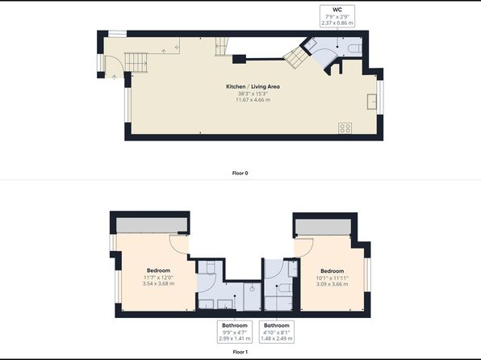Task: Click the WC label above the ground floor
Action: point(337,10)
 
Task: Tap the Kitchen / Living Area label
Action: point(253,86)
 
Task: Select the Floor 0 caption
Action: point(240,173)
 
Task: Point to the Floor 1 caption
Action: point(240,352)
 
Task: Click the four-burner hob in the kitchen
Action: point(345,128)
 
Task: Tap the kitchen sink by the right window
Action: point(372,102)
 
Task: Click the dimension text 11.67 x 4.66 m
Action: point(253,100)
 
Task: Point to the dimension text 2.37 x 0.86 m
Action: point(337,23)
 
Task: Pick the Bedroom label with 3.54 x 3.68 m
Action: point(158,270)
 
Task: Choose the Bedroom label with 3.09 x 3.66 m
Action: point(333,271)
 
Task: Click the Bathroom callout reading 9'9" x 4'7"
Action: point(235,332)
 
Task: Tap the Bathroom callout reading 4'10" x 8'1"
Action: point(277,332)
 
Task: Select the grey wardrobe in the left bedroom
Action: point(152,225)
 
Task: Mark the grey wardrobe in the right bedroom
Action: point(323,228)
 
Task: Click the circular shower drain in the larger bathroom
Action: point(252,289)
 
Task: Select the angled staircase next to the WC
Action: point(296,57)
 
